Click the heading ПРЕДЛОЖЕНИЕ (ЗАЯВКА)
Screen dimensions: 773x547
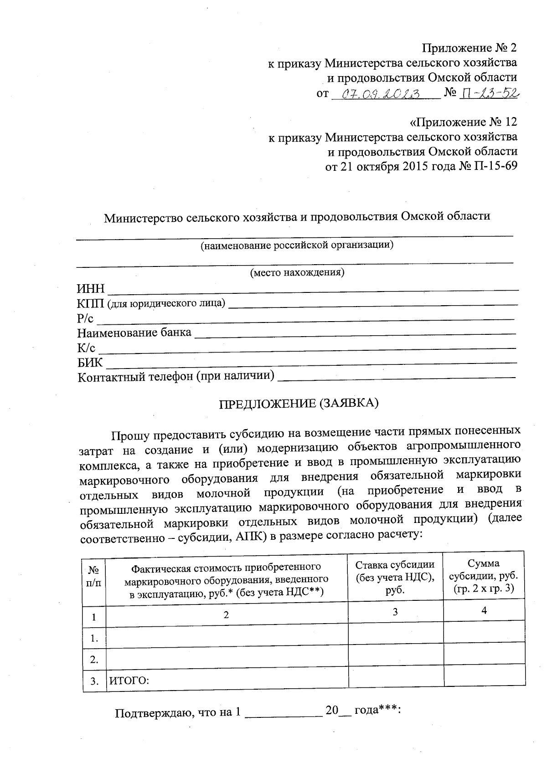299,404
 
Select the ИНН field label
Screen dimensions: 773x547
90,289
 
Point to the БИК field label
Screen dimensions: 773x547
90,363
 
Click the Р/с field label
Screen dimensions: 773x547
85,318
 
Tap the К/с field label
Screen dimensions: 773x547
86,348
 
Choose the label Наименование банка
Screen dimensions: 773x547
134,333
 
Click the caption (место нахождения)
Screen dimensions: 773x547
297,273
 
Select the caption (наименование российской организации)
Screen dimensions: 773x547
297,246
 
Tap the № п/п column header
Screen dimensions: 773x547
94,576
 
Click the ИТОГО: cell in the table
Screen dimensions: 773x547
129,681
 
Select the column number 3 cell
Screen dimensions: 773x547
395,612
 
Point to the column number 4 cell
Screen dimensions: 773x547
484,610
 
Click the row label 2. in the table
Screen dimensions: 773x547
94,659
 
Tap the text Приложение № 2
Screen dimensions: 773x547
470,48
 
